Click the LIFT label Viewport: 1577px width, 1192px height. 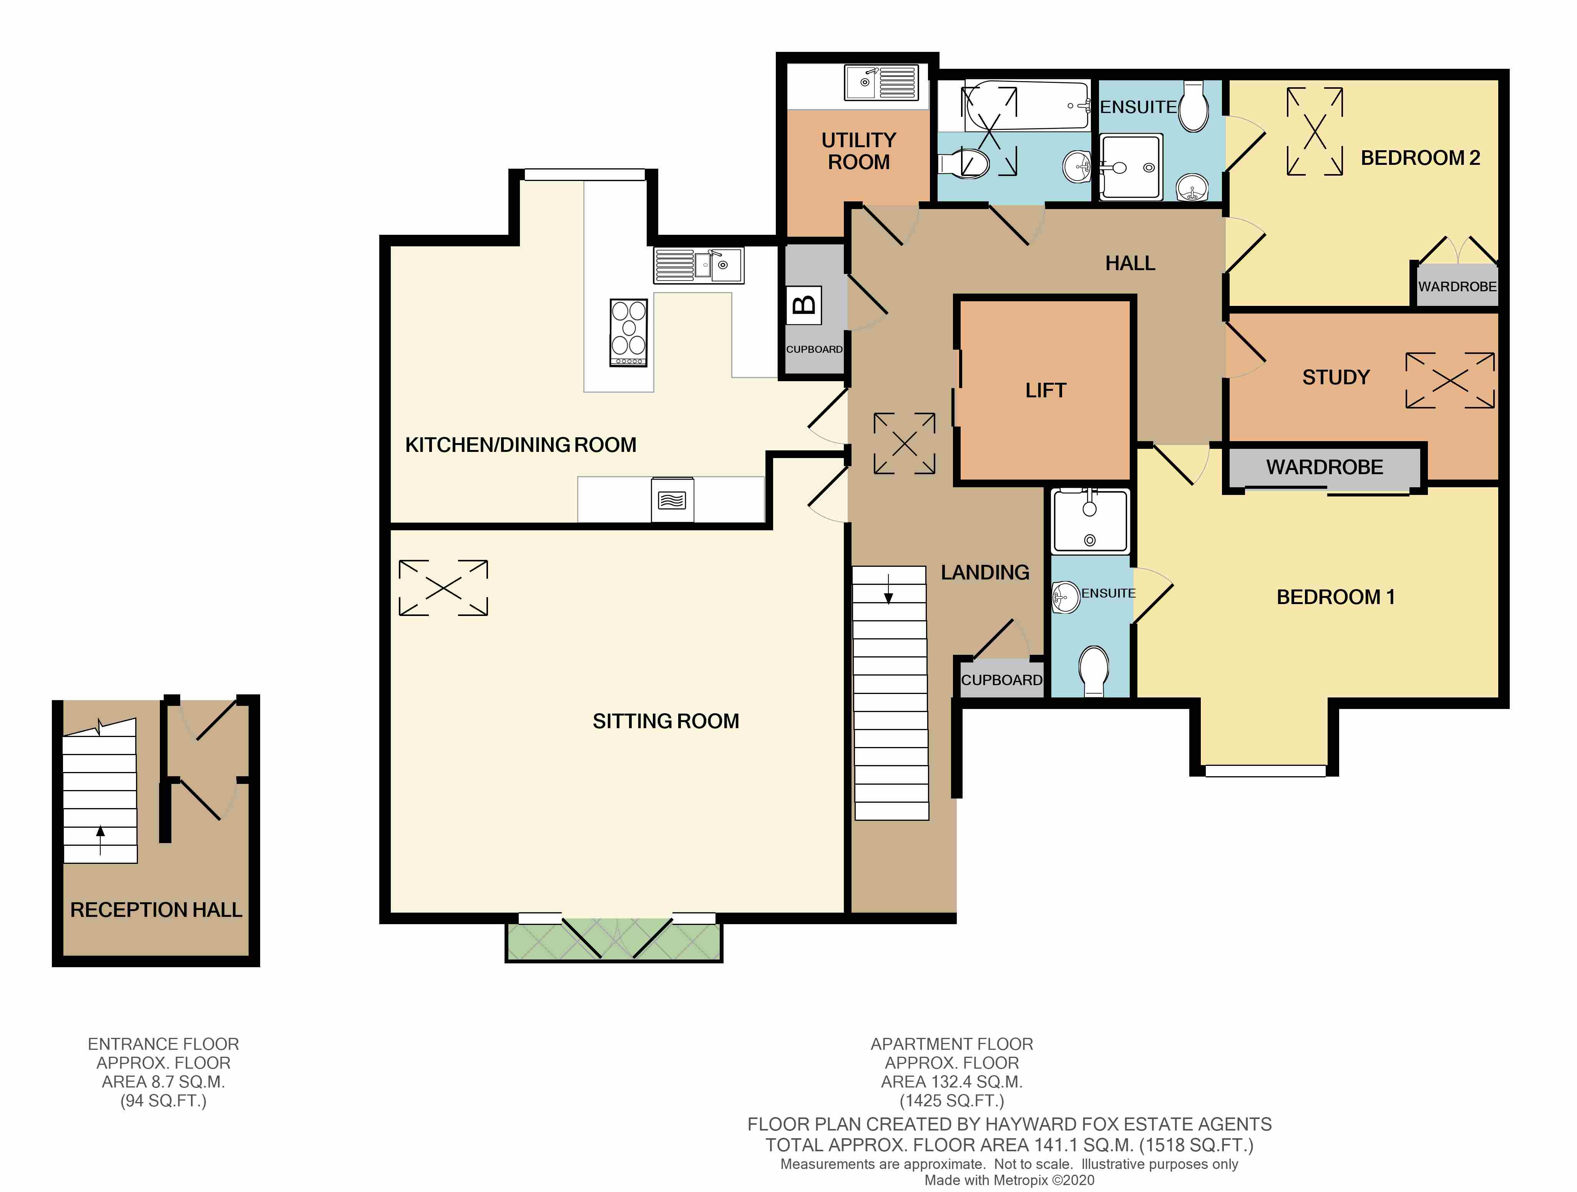click(x=1045, y=391)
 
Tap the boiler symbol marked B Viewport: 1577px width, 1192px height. click(x=803, y=305)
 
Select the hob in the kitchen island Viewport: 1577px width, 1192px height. click(x=628, y=332)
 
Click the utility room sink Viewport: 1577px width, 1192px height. click(x=881, y=83)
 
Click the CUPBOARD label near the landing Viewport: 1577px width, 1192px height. click(x=1001, y=680)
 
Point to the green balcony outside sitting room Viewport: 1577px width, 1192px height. click(x=613, y=941)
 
